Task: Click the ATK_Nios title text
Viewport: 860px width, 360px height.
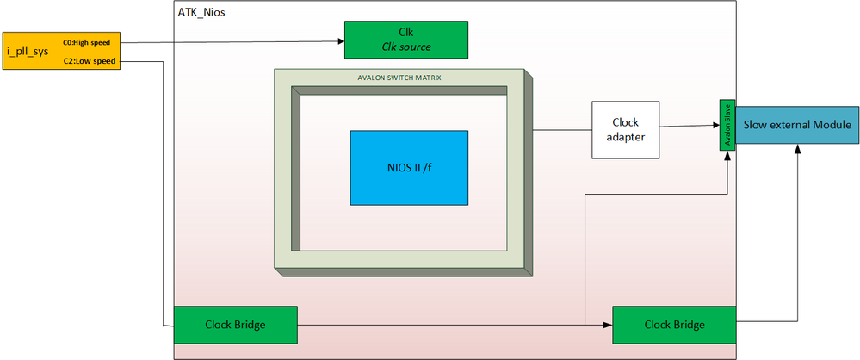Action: (x=201, y=14)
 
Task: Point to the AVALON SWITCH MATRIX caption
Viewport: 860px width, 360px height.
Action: (x=400, y=78)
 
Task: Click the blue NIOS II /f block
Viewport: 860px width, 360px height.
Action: (x=409, y=167)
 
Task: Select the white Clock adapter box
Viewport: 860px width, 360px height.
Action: (x=626, y=129)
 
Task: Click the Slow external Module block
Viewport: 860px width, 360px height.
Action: (x=797, y=126)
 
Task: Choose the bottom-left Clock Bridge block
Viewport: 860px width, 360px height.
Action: (x=235, y=325)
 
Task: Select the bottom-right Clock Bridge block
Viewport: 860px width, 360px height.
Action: (x=674, y=325)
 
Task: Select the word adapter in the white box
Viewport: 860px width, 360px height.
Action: (x=626, y=137)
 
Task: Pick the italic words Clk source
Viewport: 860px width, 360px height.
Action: (x=406, y=47)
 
